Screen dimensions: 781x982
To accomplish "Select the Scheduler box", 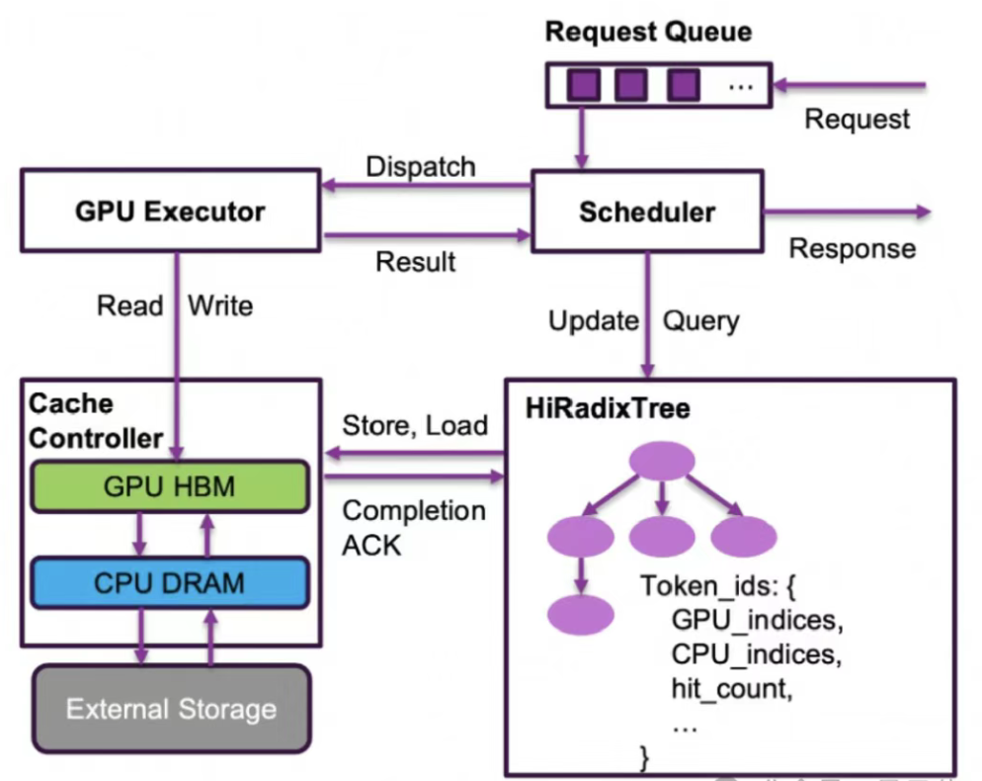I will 647,211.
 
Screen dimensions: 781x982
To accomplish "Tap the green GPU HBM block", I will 170,485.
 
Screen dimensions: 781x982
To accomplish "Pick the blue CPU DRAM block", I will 170,582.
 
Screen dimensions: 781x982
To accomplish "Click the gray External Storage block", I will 171,708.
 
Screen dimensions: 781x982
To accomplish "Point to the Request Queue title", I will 648,32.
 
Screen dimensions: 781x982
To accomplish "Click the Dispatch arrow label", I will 421,166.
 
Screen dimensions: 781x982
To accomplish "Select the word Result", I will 416,261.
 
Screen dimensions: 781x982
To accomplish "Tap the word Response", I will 852,247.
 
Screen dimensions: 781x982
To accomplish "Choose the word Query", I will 700,320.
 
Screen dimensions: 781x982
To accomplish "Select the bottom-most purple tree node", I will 581,613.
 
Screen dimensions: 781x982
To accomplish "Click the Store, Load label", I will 415,425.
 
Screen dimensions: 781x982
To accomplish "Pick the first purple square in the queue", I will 583,85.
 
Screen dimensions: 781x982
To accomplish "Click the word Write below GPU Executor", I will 220,305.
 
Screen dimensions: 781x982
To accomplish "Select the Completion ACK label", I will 413,527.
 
